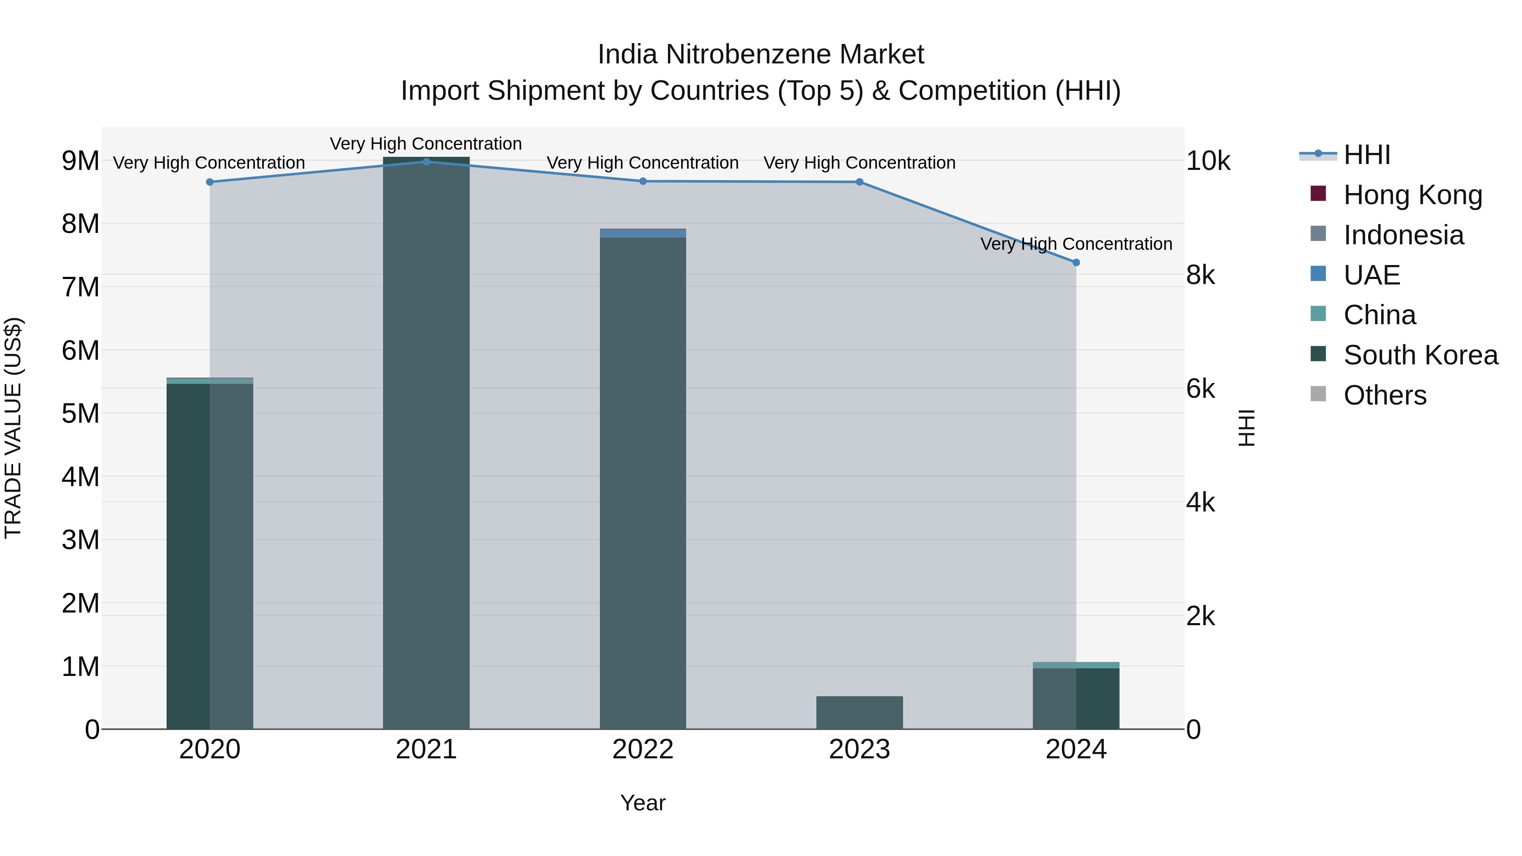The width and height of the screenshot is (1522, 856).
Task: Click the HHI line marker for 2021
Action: pyautogui.click(x=426, y=161)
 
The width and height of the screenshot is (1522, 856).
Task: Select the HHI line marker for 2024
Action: pyautogui.click(x=1076, y=262)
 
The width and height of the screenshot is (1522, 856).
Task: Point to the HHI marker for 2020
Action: pyautogui.click(x=210, y=182)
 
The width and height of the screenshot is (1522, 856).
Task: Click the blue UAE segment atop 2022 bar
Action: pyautogui.click(x=643, y=233)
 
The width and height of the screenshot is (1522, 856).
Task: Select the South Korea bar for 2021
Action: pyautogui.click(x=426, y=443)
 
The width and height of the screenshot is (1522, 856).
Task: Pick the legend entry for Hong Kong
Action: pyautogui.click(x=1412, y=195)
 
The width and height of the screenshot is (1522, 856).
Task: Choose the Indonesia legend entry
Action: pyautogui.click(x=1403, y=235)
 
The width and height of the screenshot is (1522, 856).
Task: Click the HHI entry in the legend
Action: pyautogui.click(x=1366, y=155)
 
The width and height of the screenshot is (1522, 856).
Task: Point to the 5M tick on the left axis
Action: pyautogui.click(x=81, y=413)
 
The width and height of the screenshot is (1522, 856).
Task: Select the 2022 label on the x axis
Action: pyautogui.click(x=643, y=749)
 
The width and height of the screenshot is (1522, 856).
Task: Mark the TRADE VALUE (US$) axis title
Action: pyautogui.click(x=14, y=428)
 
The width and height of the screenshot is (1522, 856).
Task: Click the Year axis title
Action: pyautogui.click(x=643, y=803)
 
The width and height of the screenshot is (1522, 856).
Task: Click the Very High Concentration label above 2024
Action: pyautogui.click(x=1076, y=243)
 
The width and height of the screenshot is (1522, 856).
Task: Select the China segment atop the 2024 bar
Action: pyautogui.click(x=1076, y=665)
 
